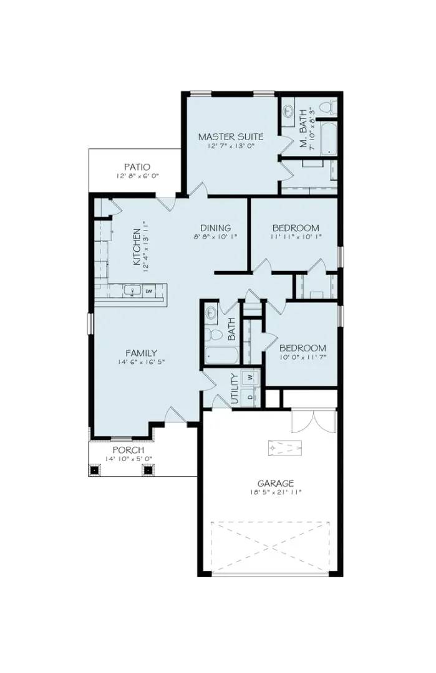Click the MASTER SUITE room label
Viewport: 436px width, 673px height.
coord(230,136)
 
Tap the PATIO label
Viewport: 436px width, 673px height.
coord(137,166)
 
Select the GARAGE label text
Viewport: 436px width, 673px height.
coord(276,483)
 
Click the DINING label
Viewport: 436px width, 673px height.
coord(215,227)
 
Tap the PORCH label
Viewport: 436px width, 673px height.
coord(128,450)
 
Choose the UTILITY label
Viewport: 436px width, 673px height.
coord(235,389)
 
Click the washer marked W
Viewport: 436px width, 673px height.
coord(250,378)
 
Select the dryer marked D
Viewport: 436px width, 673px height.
coord(250,397)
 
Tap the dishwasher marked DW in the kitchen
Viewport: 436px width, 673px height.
coord(150,291)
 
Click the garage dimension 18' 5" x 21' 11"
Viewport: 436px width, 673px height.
coord(276,492)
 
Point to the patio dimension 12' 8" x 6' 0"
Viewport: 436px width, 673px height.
coord(137,176)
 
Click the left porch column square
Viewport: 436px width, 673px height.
coord(95,470)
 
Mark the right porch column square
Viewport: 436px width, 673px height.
coord(148,470)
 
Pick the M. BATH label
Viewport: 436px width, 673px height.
coord(304,130)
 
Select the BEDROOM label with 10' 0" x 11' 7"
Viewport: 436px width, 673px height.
coord(303,348)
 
